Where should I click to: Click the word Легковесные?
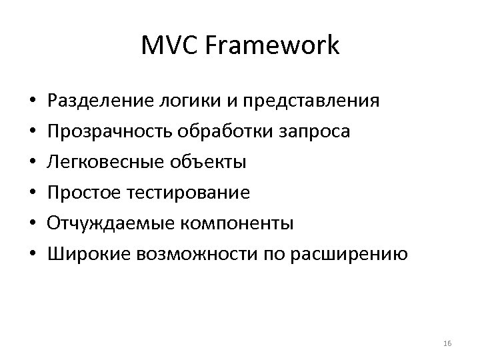pyautogui.click(x=107, y=162)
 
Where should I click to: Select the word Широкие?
pyautogui.click(x=89, y=254)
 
